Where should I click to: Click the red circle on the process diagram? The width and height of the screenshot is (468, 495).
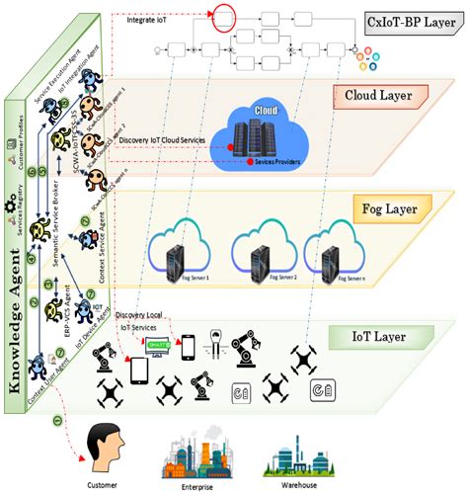point(224,17)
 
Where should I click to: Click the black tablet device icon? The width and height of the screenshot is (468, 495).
point(141,369)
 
